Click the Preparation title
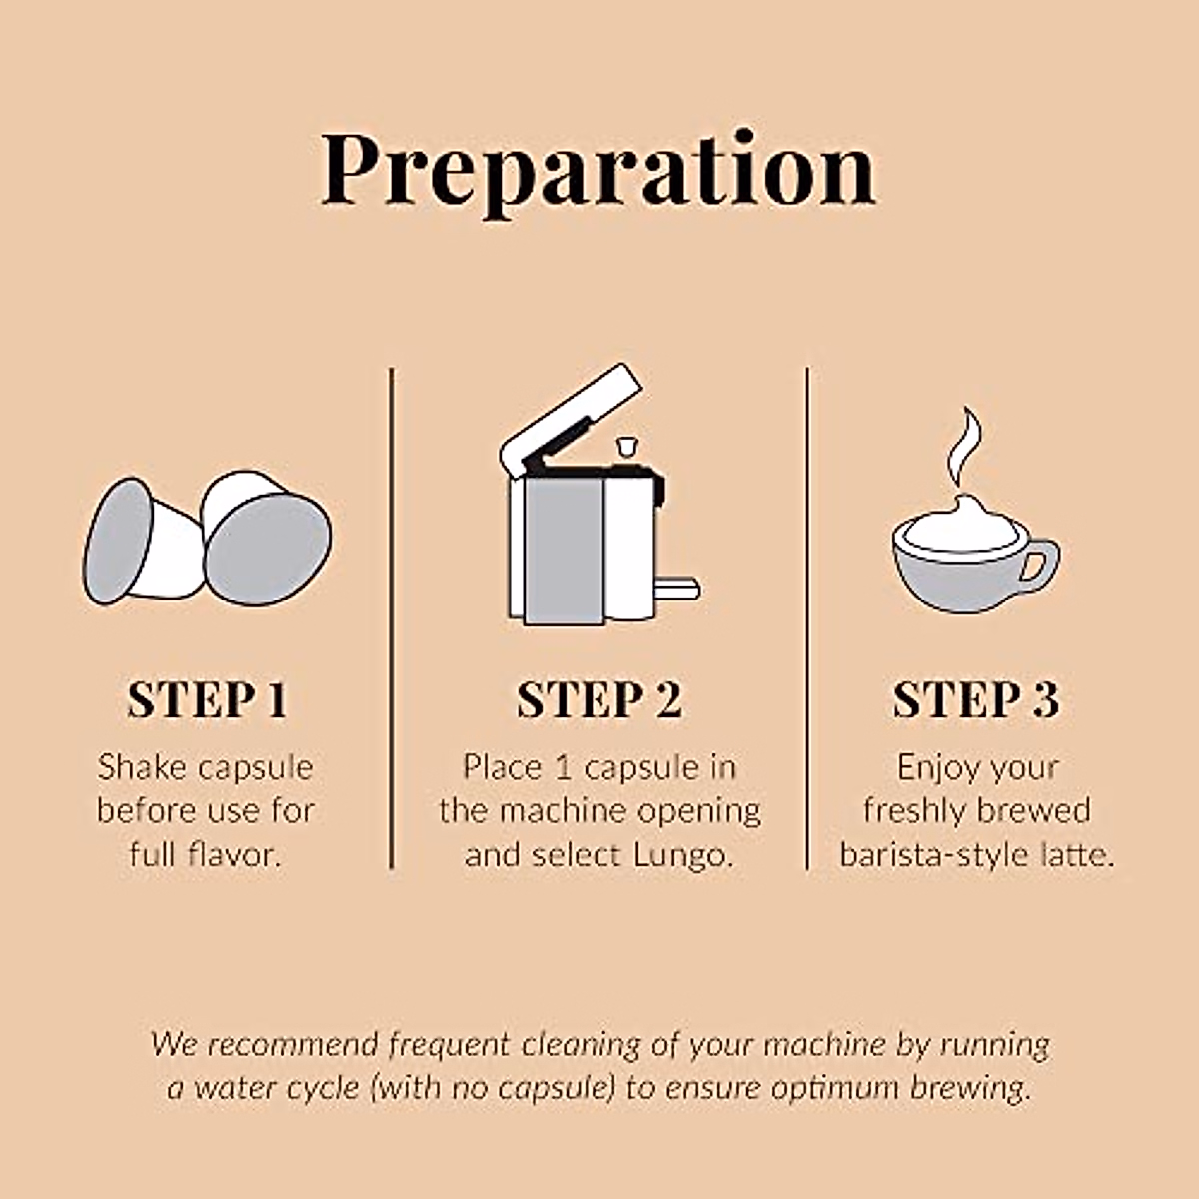coord(599,172)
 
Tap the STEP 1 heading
coord(207,700)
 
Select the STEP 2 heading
coord(599,700)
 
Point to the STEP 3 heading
coord(975,700)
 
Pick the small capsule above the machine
coord(625,447)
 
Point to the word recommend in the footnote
coord(292,1045)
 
